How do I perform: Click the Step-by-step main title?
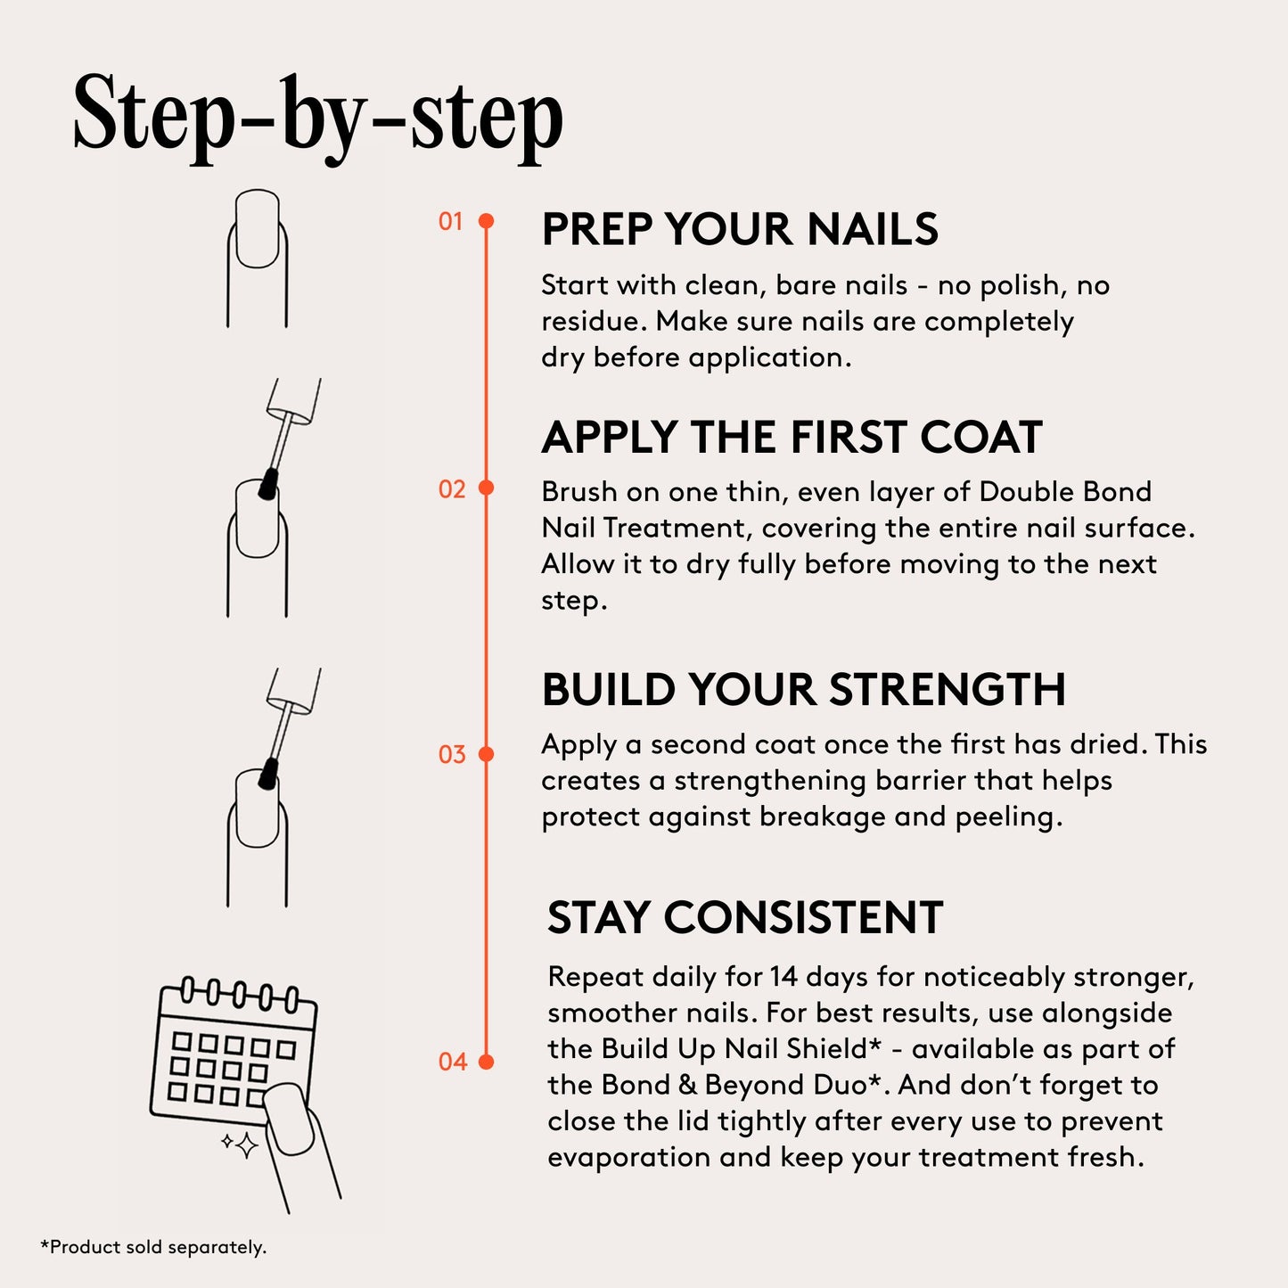click(317, 116)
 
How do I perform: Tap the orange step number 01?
click(451, 221)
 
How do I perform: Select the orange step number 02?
click(452, 488)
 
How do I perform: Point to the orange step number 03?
click(452, 755)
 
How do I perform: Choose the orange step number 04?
click(453, 1062)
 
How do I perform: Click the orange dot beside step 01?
click(486, 220)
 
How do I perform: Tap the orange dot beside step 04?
click(486, 1062)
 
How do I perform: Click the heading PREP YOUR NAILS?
click(739, 229)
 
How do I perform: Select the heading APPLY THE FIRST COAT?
click(792, 437)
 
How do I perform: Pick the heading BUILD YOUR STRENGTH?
click(803, 689)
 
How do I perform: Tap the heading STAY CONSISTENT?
click(745, 917)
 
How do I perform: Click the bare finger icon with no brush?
click(258, 258)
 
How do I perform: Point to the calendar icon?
click(234, 1052)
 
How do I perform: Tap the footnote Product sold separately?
click(153, 1247)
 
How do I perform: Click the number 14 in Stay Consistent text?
click(783, 977)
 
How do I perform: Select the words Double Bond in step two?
click(1065, 491)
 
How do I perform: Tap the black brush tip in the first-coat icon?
click(267, 484)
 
